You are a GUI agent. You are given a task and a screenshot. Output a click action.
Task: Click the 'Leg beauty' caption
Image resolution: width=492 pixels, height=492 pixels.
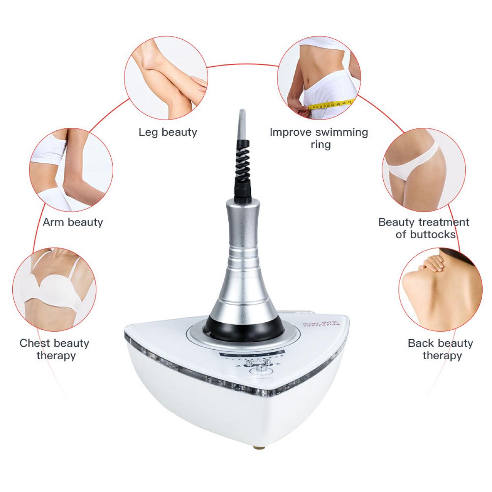coord(168,132)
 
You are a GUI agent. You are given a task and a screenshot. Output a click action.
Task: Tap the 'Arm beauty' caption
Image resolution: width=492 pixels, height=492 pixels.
coord(73,222)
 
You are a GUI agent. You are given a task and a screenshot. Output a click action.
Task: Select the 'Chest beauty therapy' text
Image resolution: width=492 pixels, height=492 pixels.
coord(55,349)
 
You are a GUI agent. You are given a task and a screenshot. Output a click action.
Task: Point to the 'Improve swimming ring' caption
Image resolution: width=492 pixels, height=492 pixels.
coord(319,138)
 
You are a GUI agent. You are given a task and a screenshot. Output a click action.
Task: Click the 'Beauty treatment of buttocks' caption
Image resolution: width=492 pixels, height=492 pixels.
coord(424,228)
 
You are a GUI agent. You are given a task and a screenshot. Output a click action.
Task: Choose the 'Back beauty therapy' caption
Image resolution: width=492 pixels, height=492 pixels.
coord(440,349)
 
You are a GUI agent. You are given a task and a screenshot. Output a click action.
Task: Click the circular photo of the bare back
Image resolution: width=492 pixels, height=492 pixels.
coord(440,289)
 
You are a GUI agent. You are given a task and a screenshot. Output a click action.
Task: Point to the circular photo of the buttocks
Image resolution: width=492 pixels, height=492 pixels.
coord(424,169)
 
